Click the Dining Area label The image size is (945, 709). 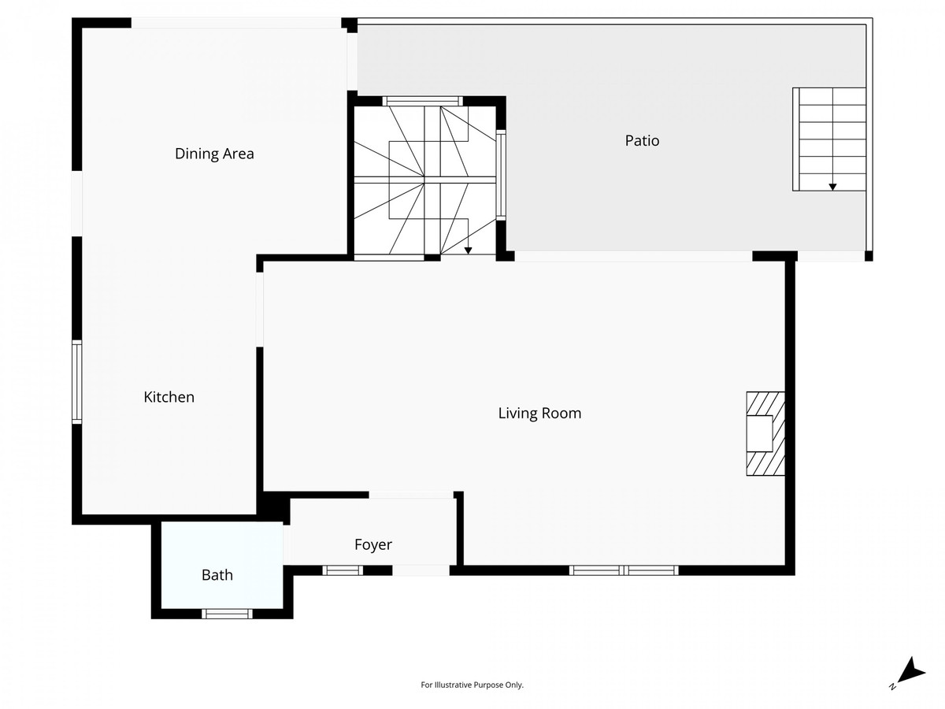click(214, 154)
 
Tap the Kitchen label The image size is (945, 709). click(169, 397)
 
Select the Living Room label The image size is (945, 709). click(540, 414)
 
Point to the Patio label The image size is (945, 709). click(642, 141)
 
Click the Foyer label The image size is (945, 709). click(373, 545)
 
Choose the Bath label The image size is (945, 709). click(217, 575)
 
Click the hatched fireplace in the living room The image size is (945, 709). click(765, 433)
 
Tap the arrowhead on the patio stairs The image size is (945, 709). click(832, 187)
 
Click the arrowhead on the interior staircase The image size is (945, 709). click(468, 251)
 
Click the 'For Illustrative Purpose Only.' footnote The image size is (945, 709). click(472, 685)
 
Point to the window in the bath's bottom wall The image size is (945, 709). click(227, 614)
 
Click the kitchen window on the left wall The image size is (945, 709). click(76, 382)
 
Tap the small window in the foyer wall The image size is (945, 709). click(343, 570)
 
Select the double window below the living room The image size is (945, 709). click(624, 570)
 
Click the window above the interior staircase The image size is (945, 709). click(422, 101)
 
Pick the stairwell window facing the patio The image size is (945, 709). click(501, 175)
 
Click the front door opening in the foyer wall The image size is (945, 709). click(421, 570)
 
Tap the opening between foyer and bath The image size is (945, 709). click(287, 544)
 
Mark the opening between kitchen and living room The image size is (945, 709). click(260, 310)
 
